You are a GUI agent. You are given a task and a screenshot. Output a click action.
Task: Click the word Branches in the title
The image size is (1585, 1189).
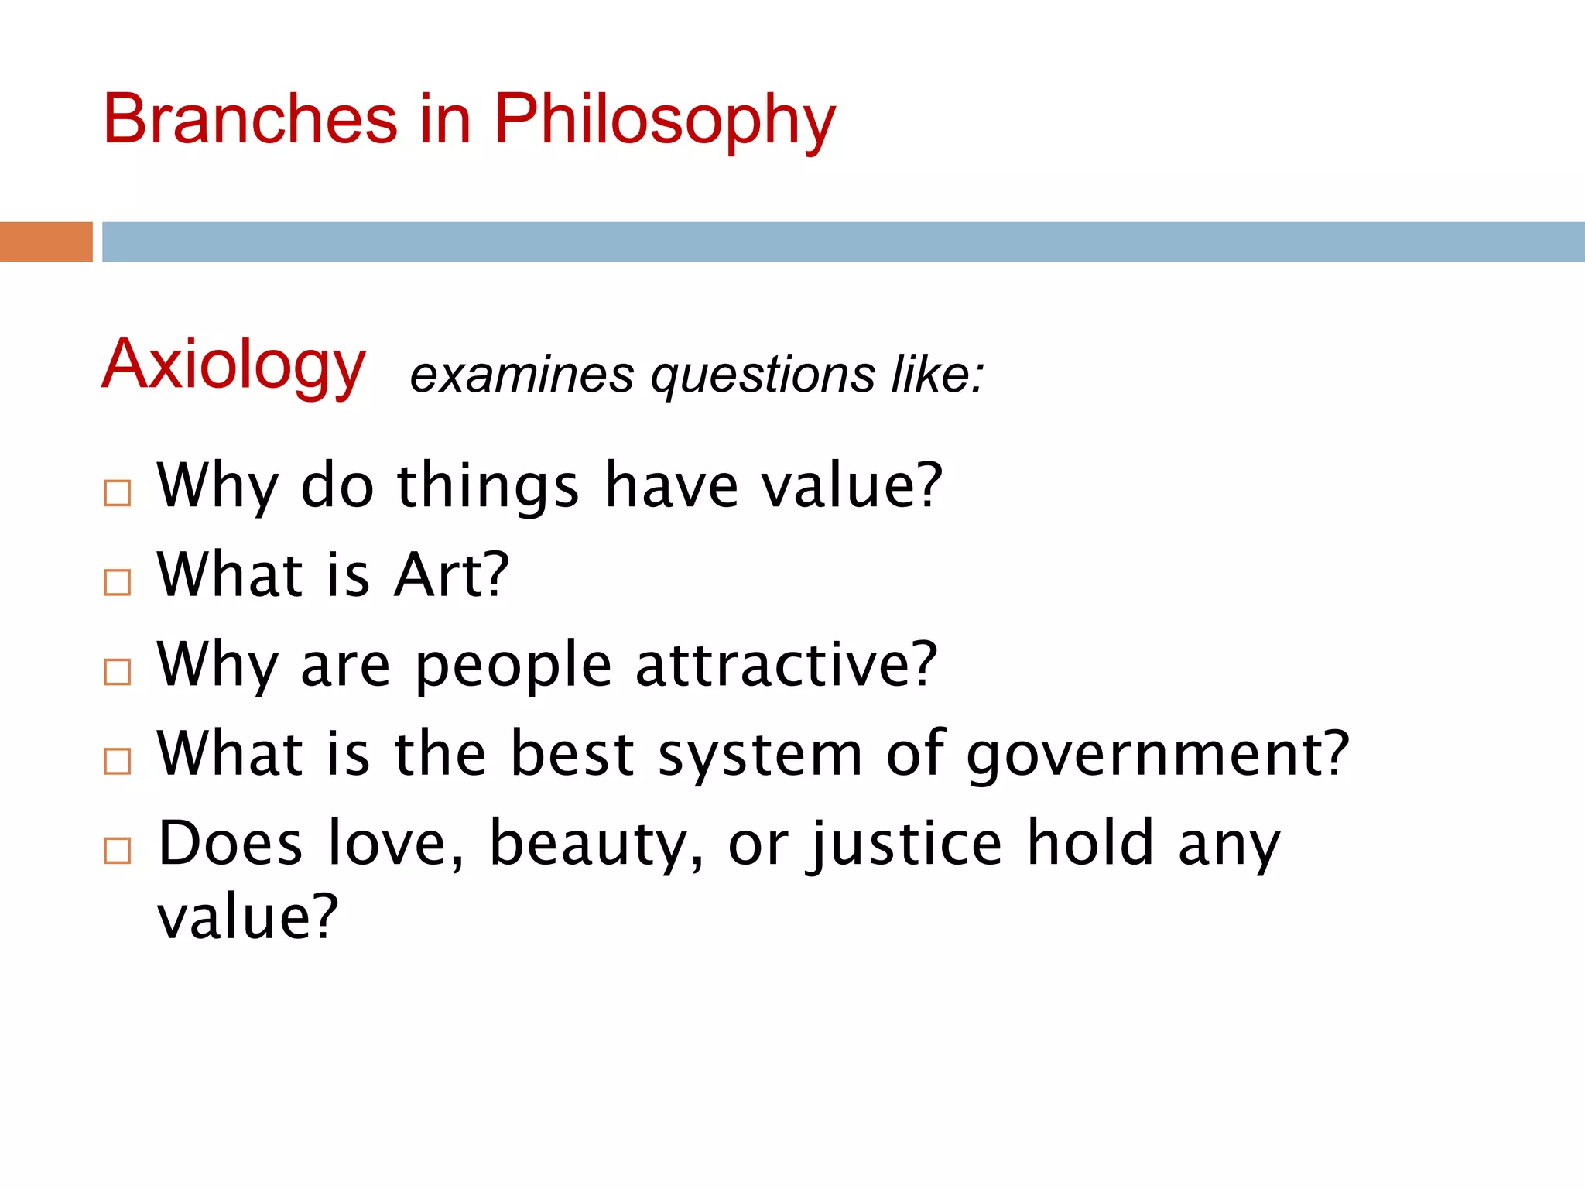point(250,120)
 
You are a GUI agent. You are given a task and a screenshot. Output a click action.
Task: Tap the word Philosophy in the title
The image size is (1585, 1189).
point(665,122)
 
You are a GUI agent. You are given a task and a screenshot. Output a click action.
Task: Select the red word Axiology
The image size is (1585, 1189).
point(233,365)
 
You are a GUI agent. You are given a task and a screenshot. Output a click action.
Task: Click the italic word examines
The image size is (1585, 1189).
point(522,375)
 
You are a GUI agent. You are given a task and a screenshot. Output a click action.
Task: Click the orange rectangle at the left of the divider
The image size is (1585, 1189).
point(46,242)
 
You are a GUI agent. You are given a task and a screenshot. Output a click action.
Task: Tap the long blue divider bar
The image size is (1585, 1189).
point(843,242)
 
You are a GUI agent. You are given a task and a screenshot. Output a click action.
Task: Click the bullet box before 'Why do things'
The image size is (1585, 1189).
point(118,493)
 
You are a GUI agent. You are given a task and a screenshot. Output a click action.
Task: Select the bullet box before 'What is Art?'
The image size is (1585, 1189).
point(118,582)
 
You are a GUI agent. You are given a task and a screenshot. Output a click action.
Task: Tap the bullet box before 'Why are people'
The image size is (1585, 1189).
point(118,672)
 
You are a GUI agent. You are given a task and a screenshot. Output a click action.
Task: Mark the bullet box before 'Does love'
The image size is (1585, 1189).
point(118,851)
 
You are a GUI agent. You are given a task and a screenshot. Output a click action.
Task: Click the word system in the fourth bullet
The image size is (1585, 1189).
point(760,756)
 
